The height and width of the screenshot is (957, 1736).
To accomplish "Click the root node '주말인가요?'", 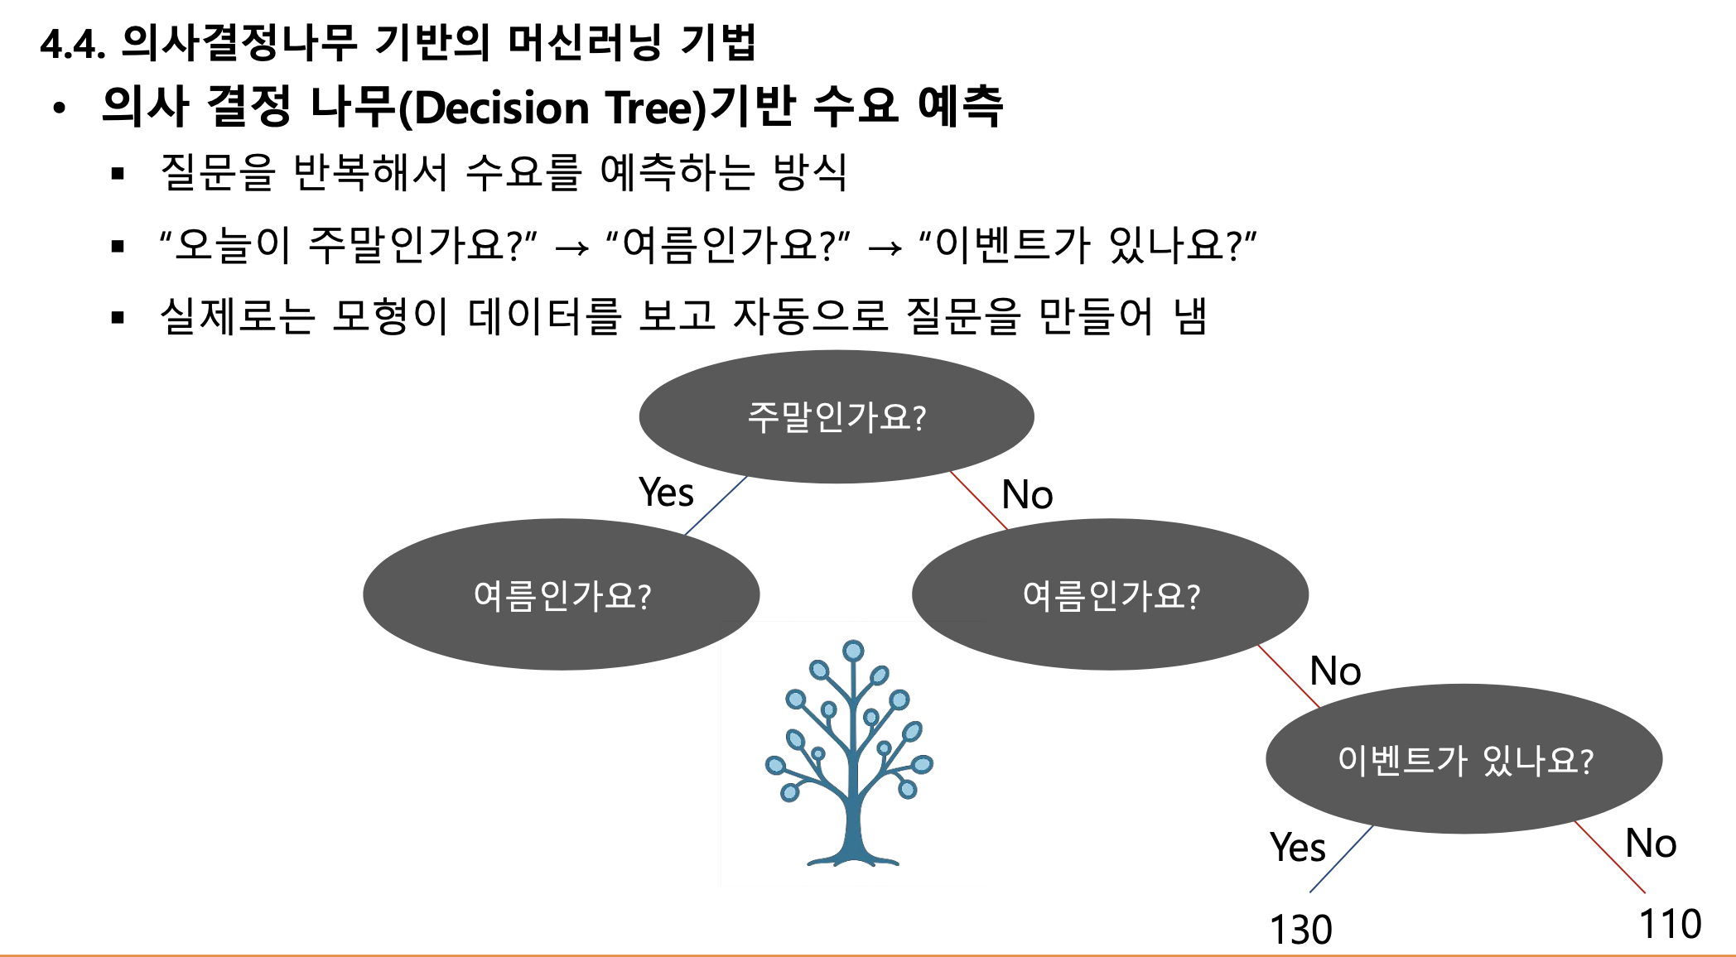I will coord(837,416).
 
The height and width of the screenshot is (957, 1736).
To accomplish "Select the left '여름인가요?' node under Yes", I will coord(562,594).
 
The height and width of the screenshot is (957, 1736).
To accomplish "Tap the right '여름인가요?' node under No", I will coord(1110,594).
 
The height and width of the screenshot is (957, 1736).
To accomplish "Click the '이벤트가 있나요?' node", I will coord(1464,759).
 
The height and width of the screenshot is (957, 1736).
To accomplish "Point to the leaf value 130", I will coord(1300,929).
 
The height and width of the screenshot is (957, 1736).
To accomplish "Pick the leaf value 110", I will coord(1670,924).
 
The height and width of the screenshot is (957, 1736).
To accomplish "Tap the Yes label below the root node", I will coord(666,493).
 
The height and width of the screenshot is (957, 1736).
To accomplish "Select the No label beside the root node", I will coord(1027,495).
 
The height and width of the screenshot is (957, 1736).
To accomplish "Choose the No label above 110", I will coord(1651,844).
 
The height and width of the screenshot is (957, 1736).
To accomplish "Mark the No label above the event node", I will coord(1335,671).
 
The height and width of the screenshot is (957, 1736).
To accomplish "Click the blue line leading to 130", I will coord(1342,858).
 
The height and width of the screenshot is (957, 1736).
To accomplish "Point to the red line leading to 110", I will coord(1610,858).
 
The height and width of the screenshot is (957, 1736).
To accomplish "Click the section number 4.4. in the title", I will coord(73,44).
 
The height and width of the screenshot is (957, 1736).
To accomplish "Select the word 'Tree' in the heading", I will coord(655,108).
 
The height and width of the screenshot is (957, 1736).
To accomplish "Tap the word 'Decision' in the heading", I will coord(502,108).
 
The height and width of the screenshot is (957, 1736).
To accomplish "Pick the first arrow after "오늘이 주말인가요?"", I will coord(572,248).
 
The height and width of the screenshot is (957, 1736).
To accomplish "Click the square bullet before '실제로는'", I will coord(118,317).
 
